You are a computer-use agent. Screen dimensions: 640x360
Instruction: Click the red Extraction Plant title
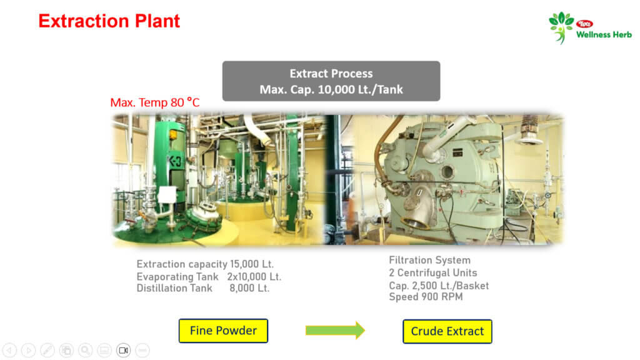(x=109, y=21)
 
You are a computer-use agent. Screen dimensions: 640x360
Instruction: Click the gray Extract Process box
(x=331, y=81)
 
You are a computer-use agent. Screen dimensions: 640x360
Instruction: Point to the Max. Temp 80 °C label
(x=155, y=102)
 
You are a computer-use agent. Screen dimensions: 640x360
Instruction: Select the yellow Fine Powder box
(x=223, y=331)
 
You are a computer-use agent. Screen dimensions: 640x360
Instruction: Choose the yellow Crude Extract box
(x=447, y=331)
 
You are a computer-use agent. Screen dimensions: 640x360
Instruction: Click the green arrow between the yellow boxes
(x=335, y=330)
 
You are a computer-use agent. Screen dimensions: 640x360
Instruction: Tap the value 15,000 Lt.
(x=252, y=264)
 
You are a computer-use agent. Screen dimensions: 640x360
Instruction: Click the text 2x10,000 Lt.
(x=254, y=277)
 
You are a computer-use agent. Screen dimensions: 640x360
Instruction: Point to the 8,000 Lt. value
(x=249, y=288)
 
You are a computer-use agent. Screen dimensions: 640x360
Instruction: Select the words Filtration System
(x=430, y=261)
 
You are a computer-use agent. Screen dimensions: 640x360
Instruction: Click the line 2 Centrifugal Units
(x=433, y=272)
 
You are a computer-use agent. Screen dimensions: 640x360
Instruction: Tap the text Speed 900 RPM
(x=426, y=297)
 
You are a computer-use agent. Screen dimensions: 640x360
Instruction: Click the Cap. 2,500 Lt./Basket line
(x=439, y=286)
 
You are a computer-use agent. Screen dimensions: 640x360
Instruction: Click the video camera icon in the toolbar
(x=123, y=350)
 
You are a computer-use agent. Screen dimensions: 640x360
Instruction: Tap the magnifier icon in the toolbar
(x=85, y=350)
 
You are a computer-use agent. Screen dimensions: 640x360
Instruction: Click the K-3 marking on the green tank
(x=175, y=161)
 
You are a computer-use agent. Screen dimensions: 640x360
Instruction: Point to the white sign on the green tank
(x=167, y=195)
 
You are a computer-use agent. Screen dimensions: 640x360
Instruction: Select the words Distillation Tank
(x=174, y=288)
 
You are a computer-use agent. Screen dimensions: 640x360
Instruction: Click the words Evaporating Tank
(x=177, y=277)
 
